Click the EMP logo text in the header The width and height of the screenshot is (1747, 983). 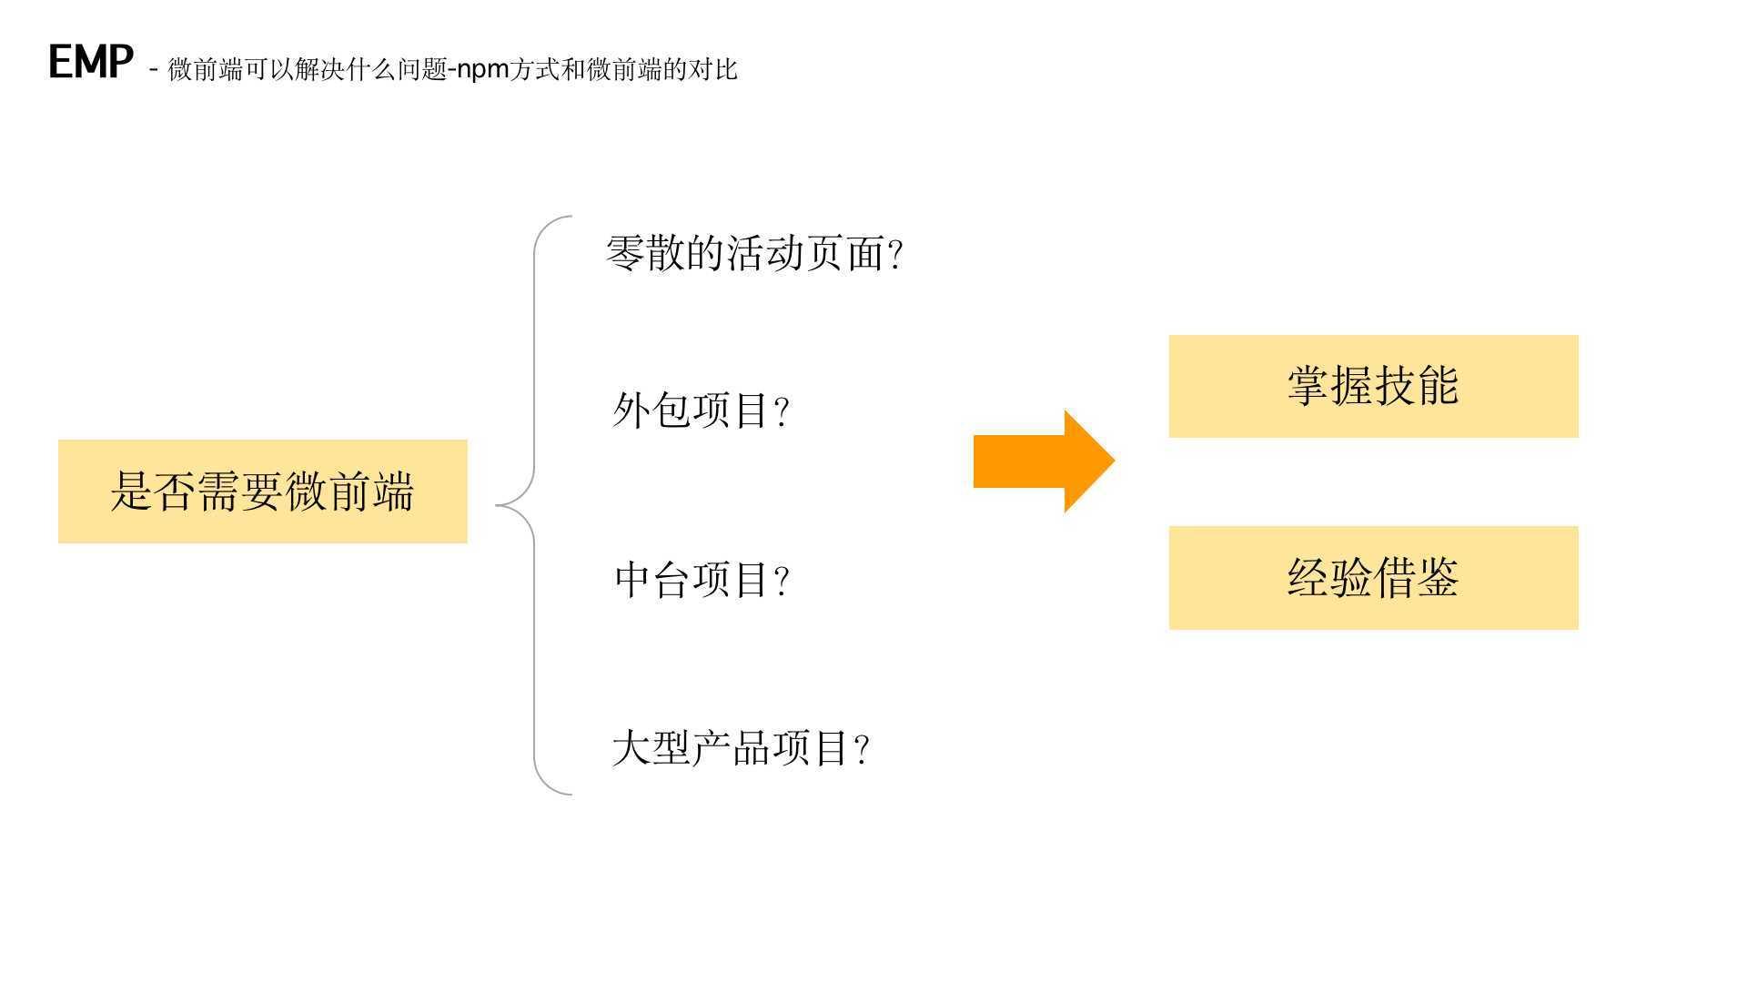tap(90, 62)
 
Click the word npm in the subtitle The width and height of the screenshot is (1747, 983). tap(482, 70)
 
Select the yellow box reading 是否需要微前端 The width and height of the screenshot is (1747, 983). tap(262, 491)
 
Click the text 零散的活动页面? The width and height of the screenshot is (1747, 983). tap(753, 253)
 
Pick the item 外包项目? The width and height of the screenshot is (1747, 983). tap(701, 410)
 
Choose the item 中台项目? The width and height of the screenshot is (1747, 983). tap(702, 580)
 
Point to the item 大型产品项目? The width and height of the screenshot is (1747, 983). tap(741, 749)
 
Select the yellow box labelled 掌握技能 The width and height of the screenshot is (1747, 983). tap(1373, 386)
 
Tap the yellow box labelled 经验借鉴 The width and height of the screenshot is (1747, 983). tap(1373, 578)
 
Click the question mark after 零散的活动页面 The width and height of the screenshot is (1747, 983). tap(895, 255)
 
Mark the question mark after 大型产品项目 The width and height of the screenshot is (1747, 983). tap(863, 751)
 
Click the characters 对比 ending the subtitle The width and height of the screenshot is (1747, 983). tap(712, 69)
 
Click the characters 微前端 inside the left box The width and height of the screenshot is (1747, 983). tap(349, 491)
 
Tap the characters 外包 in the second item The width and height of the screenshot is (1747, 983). tap(651, 410)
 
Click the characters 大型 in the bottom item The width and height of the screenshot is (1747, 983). tap(651, 749)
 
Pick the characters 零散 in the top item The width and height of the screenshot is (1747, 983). tap(645, 253)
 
